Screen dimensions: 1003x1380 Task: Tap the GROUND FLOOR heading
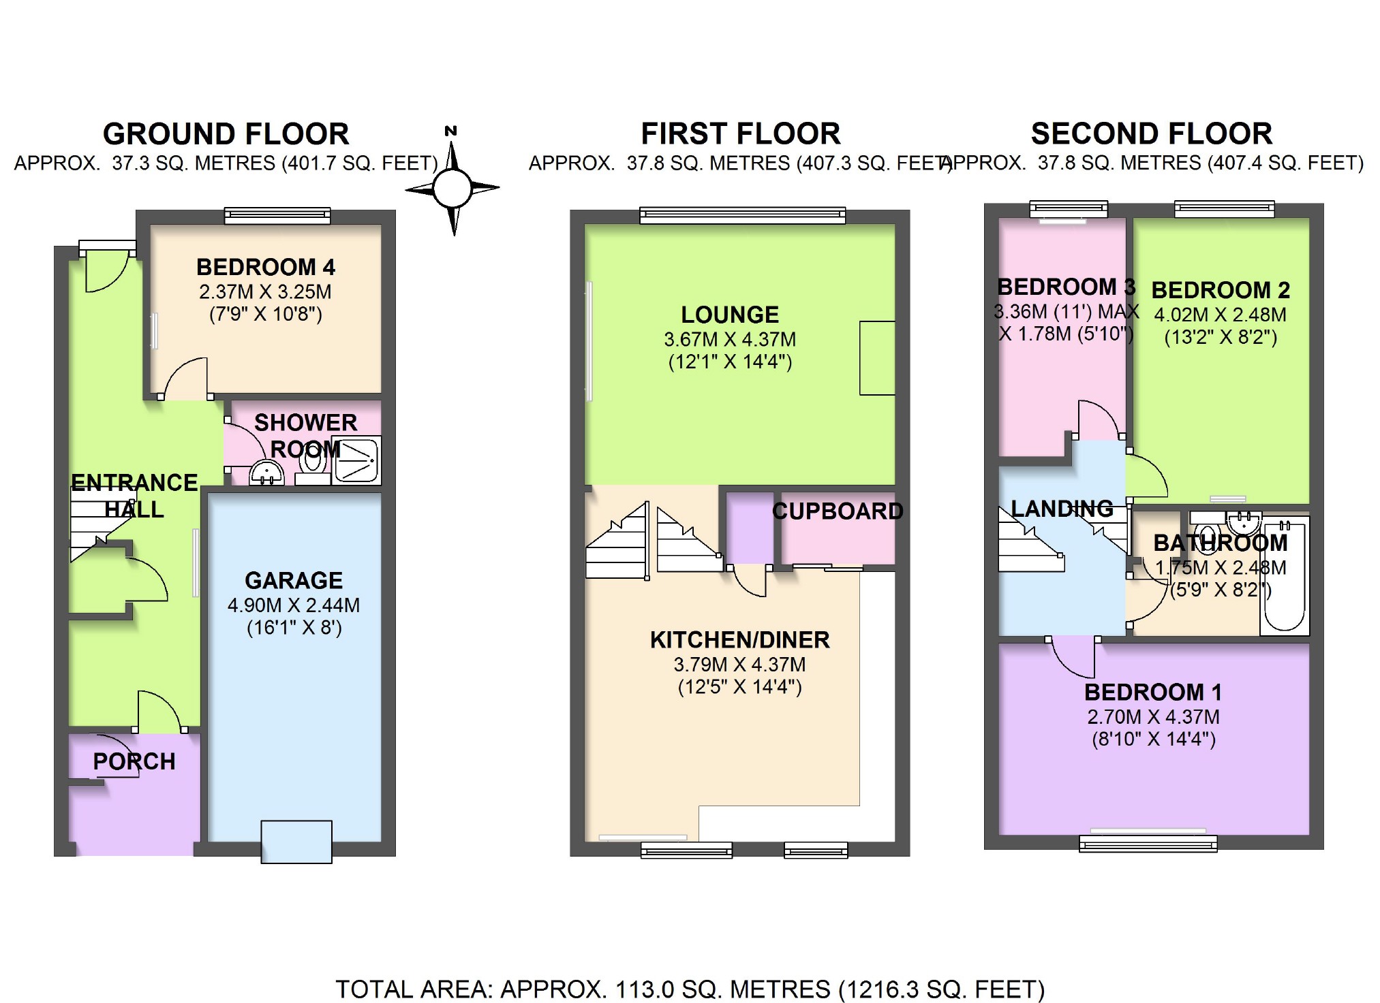(x=226, y=134)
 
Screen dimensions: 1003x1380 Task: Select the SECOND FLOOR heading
(x=1151, y=134)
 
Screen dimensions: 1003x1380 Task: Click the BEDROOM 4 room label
(x=265, y=267)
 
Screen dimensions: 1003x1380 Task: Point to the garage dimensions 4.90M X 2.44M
(x=294, y=605)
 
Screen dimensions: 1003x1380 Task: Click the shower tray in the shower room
(x=357, y=460)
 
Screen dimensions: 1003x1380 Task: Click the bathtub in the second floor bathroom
(x=1285, y=575)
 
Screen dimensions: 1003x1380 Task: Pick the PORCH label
(x=134, y=761)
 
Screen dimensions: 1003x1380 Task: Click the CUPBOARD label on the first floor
(x=838, y=511)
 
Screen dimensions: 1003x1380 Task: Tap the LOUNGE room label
(x=730, y=315)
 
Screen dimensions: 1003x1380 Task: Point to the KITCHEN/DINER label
(x=739, y=640)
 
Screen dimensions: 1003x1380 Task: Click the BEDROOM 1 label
(x=1153, y=692)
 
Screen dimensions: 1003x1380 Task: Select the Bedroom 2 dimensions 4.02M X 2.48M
(x=1220, y=315)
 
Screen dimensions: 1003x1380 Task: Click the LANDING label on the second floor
(x=1062, y=509)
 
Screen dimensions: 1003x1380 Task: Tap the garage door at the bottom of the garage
(x=296, y=842)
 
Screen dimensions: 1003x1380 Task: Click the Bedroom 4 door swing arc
(x=185, y=379)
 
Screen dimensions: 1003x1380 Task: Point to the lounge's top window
(x=742, y=216)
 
